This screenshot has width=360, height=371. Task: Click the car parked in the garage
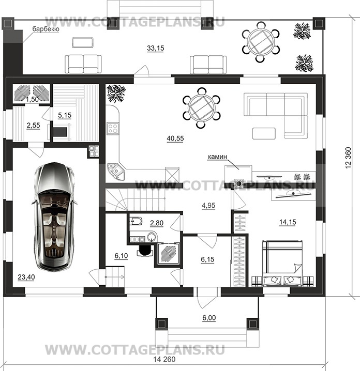tap(54, 216)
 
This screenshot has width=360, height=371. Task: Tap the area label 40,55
tap(175, 138)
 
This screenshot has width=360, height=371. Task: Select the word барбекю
tap(46, 29)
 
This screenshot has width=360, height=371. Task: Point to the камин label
tap(217, 157)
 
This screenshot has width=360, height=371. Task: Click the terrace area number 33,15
tap(155, 48)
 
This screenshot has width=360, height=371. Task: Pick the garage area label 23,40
tap(26, 276)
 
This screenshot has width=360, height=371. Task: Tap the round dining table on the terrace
tap(261, 42)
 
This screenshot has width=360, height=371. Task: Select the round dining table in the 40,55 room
tap(201, 108)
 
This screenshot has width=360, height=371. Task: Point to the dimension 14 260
tap(164, 360)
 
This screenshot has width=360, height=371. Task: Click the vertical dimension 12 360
tap(348, 158)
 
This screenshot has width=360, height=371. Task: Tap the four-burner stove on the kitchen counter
tap(112, 129)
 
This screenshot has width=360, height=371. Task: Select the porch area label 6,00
tap(209, 318)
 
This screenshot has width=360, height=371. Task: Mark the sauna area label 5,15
tap(65, 115)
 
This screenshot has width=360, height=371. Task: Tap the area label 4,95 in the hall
tap(208, 205)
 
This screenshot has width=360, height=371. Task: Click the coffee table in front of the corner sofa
tap(264, 133)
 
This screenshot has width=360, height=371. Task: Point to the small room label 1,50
tap(32, 99)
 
